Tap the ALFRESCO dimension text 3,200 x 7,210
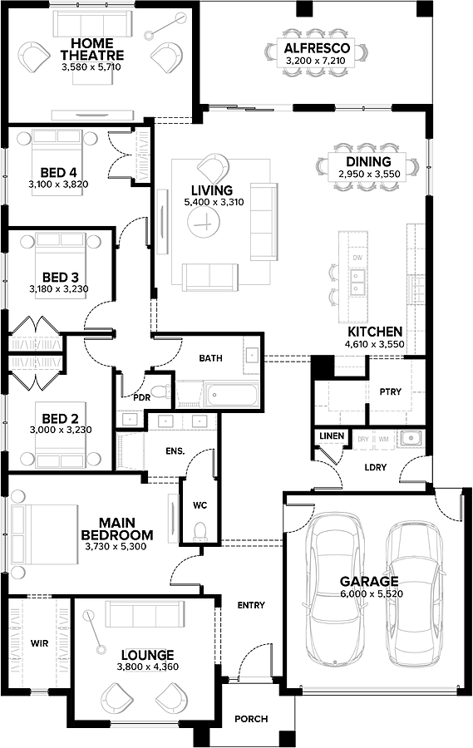coord(316,61)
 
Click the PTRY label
coord(391,391)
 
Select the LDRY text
coord(375,468)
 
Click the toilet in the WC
coord(200,529)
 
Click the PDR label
coord(142,397)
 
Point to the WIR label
coord(39,642)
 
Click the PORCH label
coord(250,719)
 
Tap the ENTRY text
coord(250,605)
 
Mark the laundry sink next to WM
coord(408,438)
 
